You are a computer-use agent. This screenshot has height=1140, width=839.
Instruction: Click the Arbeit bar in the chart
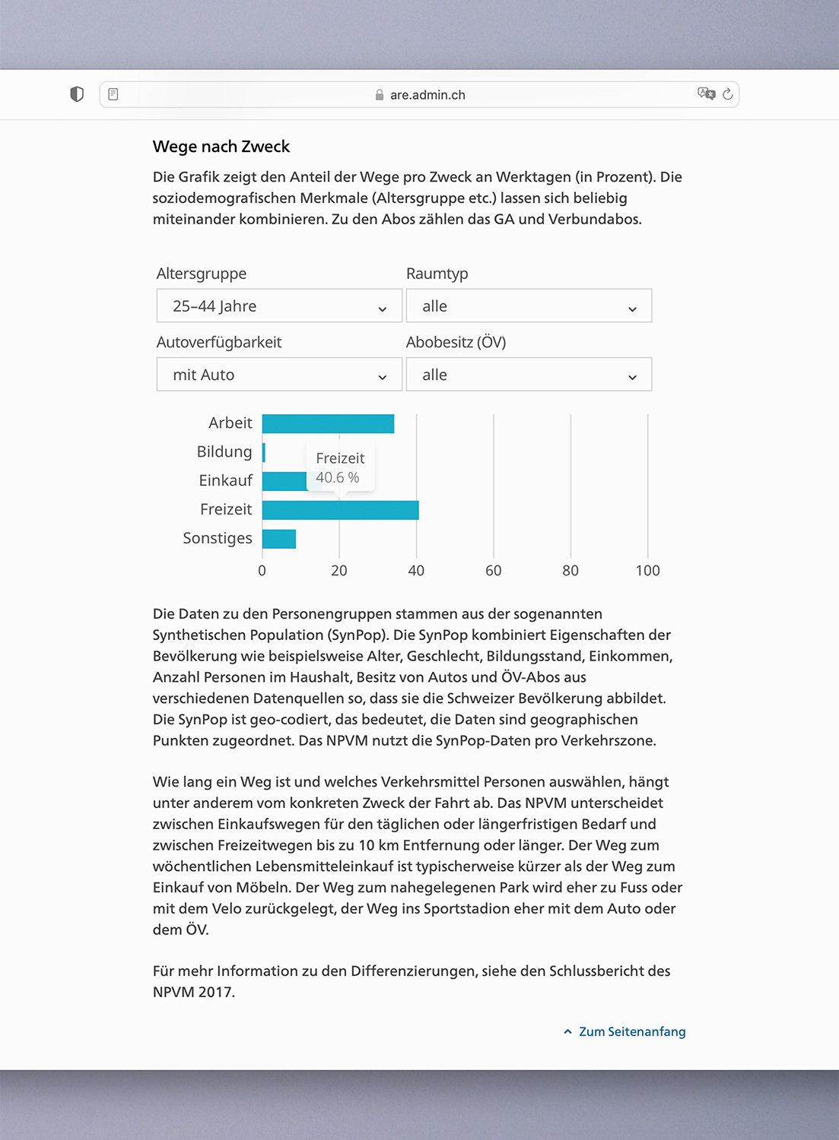(328, 424)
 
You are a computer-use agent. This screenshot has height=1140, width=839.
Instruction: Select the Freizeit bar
(340, 510)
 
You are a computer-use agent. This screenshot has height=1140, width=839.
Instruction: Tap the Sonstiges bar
(278, 539)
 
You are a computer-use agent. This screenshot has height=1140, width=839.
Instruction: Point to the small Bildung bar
(264, 453)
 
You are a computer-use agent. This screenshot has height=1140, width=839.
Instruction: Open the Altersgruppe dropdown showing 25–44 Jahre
(279, 306)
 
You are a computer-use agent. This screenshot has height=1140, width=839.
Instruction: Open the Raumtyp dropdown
(529, 306)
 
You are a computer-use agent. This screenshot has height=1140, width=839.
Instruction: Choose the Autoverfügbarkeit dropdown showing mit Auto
(279, 375)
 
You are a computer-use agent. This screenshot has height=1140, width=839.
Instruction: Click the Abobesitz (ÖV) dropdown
(529, 375)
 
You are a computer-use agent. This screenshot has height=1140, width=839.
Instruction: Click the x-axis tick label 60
(494, 571)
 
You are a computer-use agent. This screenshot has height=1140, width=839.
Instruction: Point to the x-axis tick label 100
(647, 571)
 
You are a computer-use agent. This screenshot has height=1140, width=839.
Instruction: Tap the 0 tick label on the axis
(262, 571)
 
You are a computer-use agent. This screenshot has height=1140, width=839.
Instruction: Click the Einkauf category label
(225, 481)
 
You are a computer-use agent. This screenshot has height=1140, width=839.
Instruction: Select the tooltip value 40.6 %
(338, 478)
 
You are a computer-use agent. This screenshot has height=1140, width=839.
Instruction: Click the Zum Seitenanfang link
(631, 1032)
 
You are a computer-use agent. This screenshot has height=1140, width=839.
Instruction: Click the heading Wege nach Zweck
(221, 147)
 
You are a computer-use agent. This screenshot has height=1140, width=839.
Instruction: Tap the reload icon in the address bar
(728, 94)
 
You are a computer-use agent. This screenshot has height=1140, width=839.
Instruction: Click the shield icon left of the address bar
(77, 94)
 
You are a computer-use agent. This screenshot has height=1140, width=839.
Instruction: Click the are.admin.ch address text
(427, 95)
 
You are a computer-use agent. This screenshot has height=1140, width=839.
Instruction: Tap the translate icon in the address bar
(706, 93)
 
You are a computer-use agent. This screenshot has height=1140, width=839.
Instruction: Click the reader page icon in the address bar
(113, 94)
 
